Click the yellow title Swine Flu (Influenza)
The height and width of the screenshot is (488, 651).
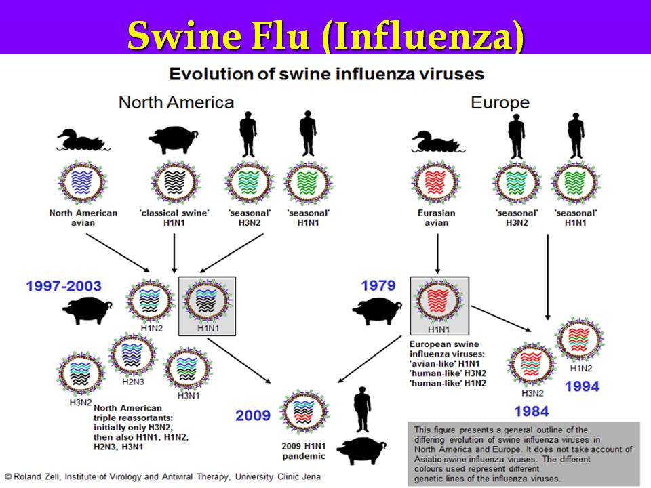(x=325, y=35)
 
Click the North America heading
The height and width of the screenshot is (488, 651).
(x=176, y=102)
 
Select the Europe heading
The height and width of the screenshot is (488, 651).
(x=500, y=103)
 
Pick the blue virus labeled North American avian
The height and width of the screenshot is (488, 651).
(x=83, y=182)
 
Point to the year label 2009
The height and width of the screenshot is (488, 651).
(x=253, y=415)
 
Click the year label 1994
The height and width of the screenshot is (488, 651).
(x=582, y=386)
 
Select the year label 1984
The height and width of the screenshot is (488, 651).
(x=531, y=410)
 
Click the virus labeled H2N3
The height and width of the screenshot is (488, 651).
(x=132, y=352)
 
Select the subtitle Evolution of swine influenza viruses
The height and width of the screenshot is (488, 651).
(x=326, y=73)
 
